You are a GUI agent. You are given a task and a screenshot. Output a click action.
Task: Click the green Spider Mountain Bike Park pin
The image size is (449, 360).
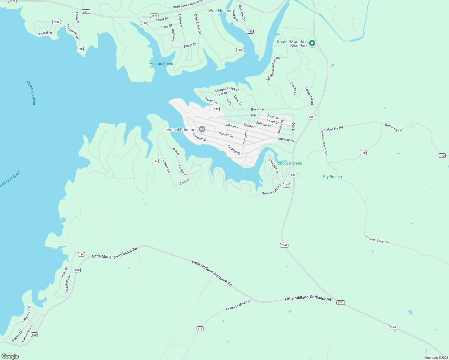[x=312, y=43]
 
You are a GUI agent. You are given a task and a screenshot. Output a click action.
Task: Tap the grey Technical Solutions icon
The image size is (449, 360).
[x=202, y=129]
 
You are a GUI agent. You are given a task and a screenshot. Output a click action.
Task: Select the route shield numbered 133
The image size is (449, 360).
[x=216, y=109]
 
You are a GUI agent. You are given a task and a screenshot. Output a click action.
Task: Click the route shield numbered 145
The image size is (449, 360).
[x=250, y=31]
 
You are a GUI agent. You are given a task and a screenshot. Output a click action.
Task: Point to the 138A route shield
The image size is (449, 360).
[x=56, y=22]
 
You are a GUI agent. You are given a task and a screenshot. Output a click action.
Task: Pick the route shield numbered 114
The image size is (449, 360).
[x=81, y=254]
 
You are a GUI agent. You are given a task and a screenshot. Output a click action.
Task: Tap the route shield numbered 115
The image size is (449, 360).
[x=200, y=328]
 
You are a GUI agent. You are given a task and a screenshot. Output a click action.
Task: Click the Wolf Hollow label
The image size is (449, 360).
[x=220, y=10]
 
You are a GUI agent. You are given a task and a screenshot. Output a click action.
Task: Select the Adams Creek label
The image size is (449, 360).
[x=161, y=64]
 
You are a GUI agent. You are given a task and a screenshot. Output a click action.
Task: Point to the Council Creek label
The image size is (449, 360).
[x=290, y=163]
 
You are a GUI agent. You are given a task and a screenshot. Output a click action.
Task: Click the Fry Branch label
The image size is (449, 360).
[x=332, y=177]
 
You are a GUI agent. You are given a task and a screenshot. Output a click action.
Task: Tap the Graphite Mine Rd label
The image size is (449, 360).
[x=238, y=305]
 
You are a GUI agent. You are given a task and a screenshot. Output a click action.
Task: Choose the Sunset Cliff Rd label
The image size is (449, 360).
[x=271, y=190]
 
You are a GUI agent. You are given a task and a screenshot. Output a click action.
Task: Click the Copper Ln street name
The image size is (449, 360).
[x=166, y=166]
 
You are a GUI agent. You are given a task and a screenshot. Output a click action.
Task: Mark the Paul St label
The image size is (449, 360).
[x=185, y=182]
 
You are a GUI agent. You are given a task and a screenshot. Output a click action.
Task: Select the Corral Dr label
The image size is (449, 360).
[x=46, y=33]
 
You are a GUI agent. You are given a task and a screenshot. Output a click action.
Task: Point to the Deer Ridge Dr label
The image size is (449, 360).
[x=197, y=24]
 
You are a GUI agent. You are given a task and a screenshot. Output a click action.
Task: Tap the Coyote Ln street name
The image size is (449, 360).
[x=293, y=89]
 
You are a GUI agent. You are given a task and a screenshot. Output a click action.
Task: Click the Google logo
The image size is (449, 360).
[x=10, y=356]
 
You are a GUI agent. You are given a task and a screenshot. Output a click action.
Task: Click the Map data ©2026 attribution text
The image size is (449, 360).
[x=436, y=358]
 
